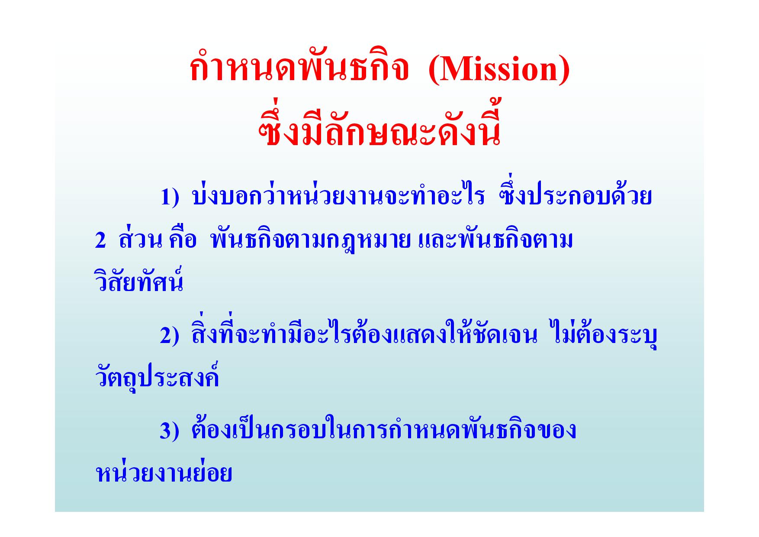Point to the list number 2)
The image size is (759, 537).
point(169,336)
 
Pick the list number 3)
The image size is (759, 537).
point(169,431)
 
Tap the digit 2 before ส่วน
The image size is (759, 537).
point(100,241)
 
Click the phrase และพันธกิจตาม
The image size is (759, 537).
point(496,239)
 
